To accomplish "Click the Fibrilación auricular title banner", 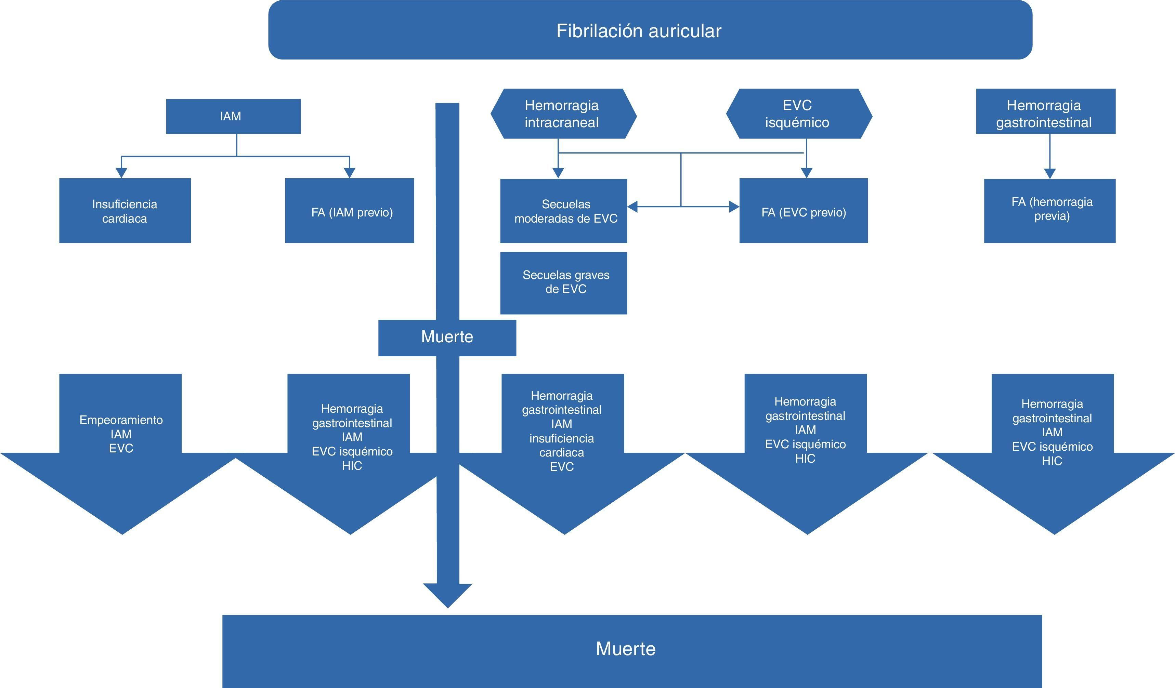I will pyautogui.click(x=650, y=30).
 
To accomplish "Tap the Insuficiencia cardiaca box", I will pyautogui.click(x=125, y=211).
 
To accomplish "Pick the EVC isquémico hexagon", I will pyautogui.click(x=798, y=114).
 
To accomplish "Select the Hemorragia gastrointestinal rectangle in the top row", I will pyautogui.click(x=1045, y=111).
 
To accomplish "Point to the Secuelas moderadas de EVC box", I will pyautogui.click(x=563, y=211).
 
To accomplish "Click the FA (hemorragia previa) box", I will pyautogui.click(x=1049, y=211).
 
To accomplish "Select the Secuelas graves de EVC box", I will pyautogui.click(x=563, y=282).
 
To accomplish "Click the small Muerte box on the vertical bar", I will pyautogui.click(x=447, y=337).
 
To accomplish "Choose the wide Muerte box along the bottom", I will pyautogui.click(x=632, y=650).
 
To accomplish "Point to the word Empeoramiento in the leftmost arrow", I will pyautogui.click(x=121, y=420).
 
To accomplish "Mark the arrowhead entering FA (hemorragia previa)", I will pyautogui.click(x=1049, y=173).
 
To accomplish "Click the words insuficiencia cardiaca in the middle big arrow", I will pyautogui.click(x=562, y=446).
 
